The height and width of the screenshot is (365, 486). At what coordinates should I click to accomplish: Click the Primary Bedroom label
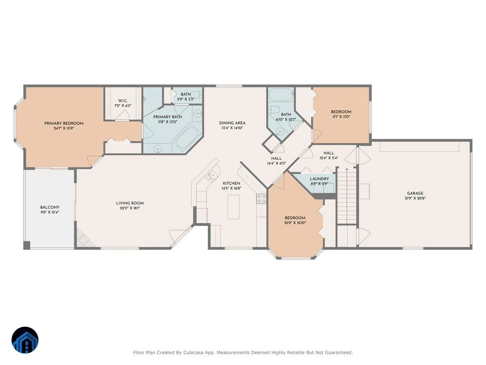64,123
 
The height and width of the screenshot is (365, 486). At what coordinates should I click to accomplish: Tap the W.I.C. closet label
123,101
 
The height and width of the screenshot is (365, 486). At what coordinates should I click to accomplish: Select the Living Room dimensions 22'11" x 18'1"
130,208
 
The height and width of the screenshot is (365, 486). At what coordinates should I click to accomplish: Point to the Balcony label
49,207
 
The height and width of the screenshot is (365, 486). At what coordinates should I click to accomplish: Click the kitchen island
233,207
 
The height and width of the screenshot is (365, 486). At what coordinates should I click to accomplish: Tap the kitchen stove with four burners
261,199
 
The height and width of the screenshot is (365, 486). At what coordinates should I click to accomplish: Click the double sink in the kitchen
211,177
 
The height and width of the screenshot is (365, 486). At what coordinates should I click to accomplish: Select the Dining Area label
232,123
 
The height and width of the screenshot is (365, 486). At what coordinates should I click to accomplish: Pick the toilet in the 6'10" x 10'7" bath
274,109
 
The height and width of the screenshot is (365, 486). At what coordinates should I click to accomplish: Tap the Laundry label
319,179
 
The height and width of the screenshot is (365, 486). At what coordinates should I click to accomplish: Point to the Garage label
415,193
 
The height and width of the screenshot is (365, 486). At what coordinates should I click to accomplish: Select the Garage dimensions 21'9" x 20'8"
415,198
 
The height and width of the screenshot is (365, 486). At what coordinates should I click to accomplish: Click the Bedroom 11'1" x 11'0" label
341,112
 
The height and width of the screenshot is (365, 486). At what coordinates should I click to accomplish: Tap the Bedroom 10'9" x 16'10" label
295,218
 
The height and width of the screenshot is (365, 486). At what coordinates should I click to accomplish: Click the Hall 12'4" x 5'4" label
329,153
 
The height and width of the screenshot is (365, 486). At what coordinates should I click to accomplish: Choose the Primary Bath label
168,117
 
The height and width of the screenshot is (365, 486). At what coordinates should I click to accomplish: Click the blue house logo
25,340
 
